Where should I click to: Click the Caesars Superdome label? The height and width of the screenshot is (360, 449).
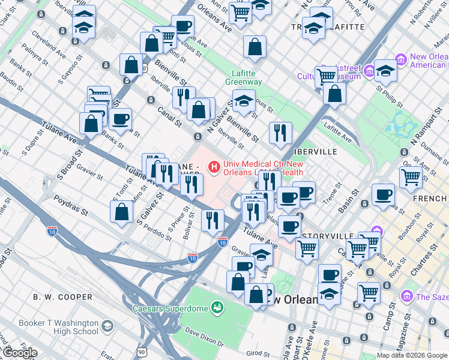point(170,309)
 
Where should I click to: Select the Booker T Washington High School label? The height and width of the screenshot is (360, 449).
point(58,327)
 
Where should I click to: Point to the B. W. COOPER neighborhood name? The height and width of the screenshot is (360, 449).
point(63,297)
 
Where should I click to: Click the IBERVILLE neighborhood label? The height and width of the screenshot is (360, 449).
point(316,152)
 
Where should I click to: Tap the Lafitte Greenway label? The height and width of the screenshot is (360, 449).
point(244,77)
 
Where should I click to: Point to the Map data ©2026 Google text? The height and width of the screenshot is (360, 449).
point(411,355)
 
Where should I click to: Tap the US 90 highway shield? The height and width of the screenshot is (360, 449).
point(158,354)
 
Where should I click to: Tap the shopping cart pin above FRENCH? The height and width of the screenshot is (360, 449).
point(411,177)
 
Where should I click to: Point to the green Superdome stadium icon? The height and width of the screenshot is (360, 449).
point(217,309)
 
